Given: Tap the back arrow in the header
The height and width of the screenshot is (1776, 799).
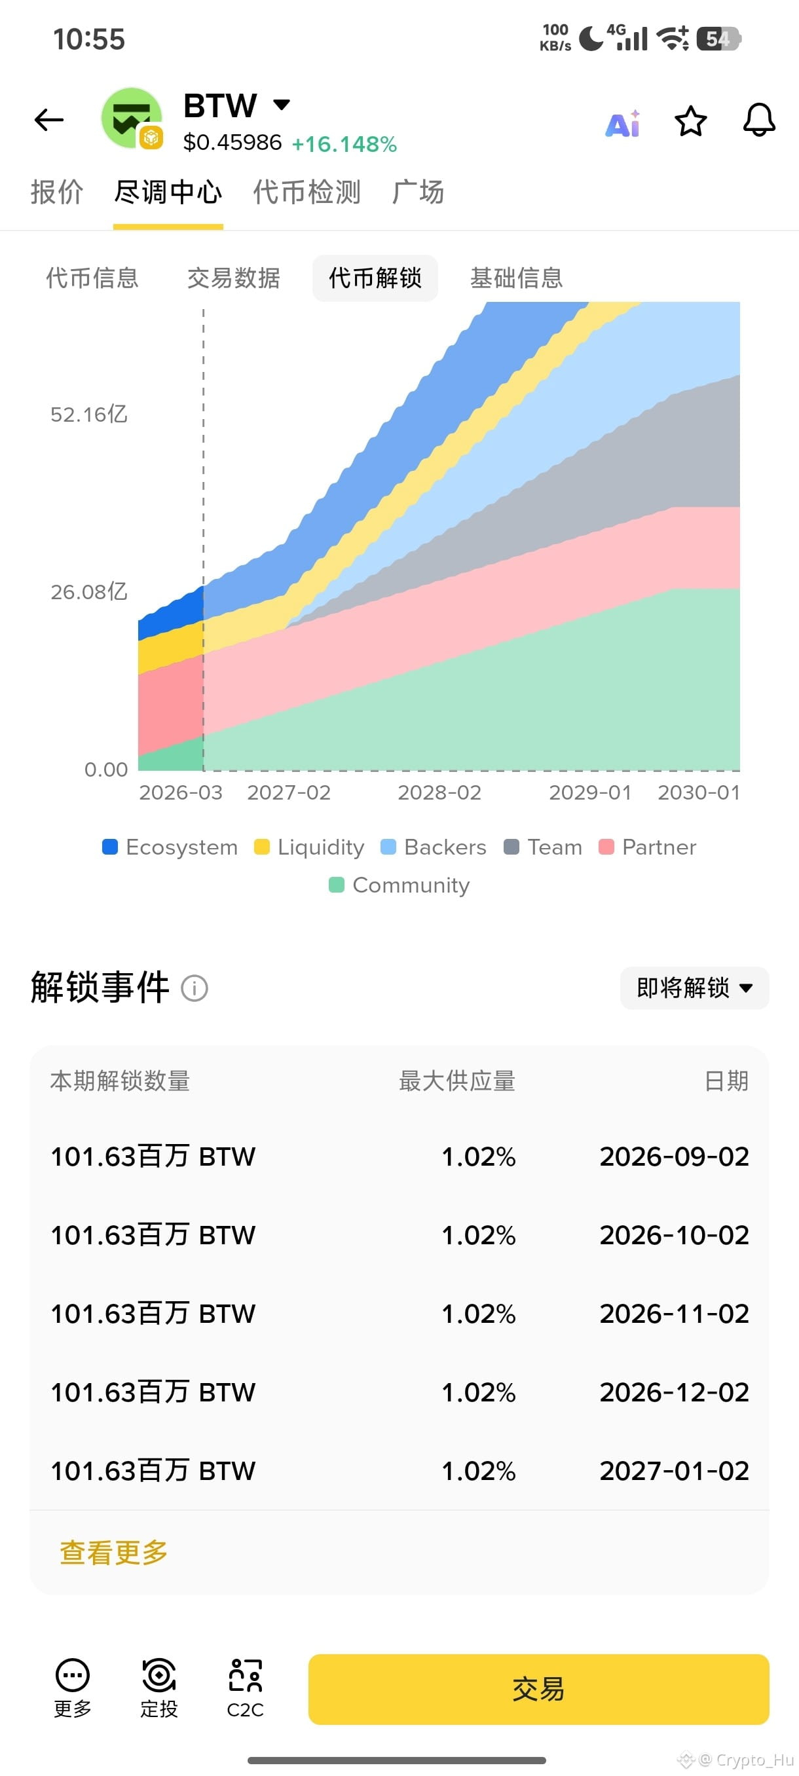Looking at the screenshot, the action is [49, 120].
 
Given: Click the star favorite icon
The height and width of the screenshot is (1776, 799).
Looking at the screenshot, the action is [690, 122].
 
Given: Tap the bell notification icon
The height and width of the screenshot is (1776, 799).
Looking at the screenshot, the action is [759, 120].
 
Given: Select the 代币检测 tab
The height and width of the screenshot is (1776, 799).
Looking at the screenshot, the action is [307, 193].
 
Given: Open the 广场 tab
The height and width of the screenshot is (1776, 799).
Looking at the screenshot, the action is [418, 193].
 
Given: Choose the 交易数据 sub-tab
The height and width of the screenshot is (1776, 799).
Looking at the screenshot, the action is [234, 278].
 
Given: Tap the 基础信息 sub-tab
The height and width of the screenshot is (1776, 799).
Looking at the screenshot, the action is [516, 278].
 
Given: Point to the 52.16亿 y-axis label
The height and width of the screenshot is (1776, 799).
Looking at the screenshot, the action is [89, 415].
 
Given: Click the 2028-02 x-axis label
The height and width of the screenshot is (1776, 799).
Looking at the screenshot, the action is [439, 793].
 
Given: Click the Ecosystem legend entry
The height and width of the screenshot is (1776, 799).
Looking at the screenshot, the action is [170, 847].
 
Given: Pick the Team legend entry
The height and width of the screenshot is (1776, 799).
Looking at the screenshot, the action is [542, 847].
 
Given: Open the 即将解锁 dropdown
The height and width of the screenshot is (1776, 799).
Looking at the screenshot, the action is [694, 988].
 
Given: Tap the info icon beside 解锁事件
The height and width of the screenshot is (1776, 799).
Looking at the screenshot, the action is [195, 988].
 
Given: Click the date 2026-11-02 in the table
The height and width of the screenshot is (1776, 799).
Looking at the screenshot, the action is [674, 1314].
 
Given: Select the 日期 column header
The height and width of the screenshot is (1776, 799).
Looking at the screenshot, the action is [726, 1081].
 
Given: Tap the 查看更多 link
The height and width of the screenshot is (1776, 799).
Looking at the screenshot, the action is [114, 1553].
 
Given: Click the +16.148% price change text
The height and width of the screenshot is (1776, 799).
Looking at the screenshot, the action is [344, 144].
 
